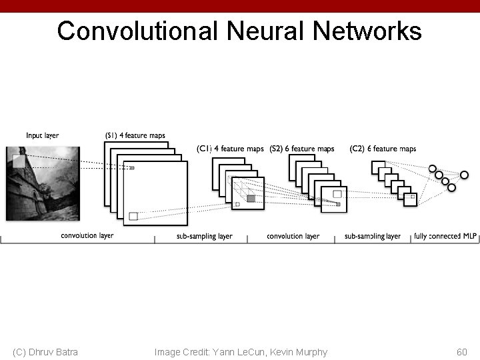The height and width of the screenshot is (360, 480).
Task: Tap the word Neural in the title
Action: (x=263, y=31)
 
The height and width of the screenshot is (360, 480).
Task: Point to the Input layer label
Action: (x=42, y=136)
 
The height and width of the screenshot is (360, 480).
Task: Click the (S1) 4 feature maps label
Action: (x=135, y=136)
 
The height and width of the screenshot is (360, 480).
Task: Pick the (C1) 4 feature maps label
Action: (x=230, y=149)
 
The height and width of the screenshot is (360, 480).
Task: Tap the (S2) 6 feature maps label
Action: (x=302, y=149)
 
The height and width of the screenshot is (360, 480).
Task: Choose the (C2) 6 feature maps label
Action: (x=383, y=149)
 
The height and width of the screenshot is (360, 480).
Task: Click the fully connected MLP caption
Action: (x=445, y=236)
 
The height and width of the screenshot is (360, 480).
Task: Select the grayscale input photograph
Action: (x=43, y=183)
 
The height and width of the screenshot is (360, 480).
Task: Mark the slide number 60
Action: (x=462, y=352)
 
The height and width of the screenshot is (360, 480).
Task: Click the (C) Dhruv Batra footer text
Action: (x=45, y=352)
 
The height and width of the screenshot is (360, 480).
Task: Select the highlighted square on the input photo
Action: (x=18, y=161)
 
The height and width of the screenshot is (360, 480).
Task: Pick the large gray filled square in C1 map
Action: (x=251, y=198)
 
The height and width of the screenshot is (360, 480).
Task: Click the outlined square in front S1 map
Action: (x=133, y=215)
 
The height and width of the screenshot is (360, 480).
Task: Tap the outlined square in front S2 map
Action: (x=337, y=193)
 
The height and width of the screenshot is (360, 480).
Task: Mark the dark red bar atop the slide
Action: (x=240, y=5)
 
